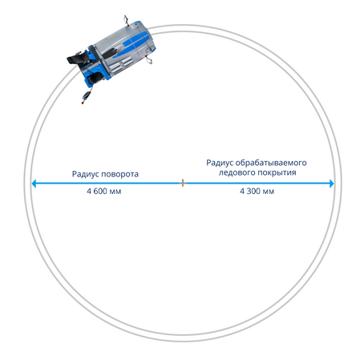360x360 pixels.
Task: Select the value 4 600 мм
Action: tap(104, 191)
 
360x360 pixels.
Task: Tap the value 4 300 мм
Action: tap(257, 191)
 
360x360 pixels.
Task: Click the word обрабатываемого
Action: tap(271, 163)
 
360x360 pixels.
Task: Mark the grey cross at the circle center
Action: tap(183, 183)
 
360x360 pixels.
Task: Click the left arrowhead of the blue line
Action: tap(34, 184)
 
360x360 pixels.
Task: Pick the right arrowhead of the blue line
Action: tap(332, 184)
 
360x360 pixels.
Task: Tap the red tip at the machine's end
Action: tap(83, 102)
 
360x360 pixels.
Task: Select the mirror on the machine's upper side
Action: tap(126, 20)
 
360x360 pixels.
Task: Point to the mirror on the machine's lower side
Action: tap(149, 60)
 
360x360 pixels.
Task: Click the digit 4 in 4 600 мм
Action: tap(89, 191)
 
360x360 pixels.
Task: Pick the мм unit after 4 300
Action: tap(269, 192)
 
